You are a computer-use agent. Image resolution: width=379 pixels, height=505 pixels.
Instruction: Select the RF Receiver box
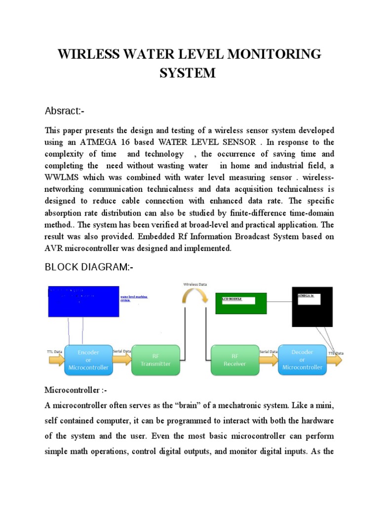coord(235,360)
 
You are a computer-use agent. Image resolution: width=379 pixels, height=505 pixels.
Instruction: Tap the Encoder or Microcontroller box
coord(89,360)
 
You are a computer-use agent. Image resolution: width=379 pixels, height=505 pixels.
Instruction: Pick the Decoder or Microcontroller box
coord(303,360)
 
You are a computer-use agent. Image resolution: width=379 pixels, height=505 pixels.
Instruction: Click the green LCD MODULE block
coord(241,303)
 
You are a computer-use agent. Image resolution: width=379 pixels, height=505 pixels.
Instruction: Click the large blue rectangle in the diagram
coord(83,301)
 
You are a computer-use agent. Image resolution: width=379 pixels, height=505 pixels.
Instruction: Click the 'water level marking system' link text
coord(133,298)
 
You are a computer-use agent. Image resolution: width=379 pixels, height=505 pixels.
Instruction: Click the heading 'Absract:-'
coord(65,111)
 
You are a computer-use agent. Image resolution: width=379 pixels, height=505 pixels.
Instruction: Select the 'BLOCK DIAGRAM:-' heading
coord(89,267)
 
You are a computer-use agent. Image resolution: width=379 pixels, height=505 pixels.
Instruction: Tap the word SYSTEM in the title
coord(188,73)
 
